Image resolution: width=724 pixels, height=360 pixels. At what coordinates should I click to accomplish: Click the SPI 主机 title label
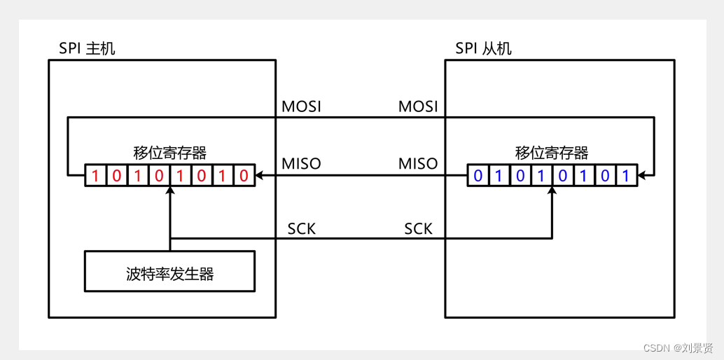point(87,48)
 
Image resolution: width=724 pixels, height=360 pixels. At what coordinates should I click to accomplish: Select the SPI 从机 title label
point(483,48)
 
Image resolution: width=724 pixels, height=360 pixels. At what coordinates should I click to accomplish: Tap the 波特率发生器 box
point(169,271)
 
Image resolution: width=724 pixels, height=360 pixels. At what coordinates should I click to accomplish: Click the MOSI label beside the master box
point(301,106)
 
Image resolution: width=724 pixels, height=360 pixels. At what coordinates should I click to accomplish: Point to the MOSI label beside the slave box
point(418,106)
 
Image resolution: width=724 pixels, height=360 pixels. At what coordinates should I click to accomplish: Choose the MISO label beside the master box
point(301,164)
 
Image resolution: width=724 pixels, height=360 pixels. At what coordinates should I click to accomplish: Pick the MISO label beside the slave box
point(418,164)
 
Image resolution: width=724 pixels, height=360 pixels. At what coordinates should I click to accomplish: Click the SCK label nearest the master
point(302,229)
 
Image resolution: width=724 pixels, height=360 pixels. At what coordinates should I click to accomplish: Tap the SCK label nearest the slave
point(418,229)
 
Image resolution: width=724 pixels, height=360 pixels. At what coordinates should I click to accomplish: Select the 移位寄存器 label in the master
point(169,153)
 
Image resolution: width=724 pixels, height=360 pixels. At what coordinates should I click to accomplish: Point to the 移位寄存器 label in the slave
point(552,153)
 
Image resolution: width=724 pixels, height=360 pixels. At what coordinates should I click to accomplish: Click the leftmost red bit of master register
point(96,176)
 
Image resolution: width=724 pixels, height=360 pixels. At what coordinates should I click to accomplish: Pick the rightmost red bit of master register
point(244,176)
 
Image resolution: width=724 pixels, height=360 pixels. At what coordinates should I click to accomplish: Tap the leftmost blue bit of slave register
point(478,176)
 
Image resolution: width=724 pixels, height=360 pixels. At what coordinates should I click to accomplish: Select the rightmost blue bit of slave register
point(627,176)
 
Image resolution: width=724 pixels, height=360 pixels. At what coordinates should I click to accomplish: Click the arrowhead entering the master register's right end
point(259,175)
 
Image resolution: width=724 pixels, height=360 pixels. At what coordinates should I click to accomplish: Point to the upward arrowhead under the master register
point(169,191)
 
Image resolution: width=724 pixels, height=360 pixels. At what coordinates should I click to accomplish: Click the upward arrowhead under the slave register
point(552,191)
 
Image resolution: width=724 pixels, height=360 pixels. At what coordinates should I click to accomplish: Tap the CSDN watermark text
point(677,348)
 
